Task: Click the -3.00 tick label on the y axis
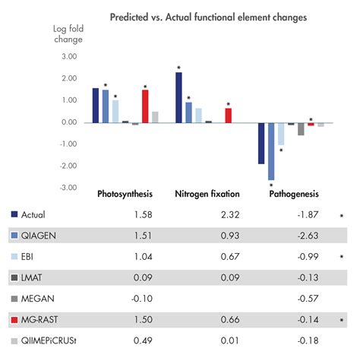coord(67,188)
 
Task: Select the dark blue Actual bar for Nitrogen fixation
coord(178,97)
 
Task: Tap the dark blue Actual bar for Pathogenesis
coord(261,143)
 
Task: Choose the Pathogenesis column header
coord(294,195)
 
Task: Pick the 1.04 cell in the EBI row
coord(144,258)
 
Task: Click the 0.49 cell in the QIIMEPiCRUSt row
coord(144,344)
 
